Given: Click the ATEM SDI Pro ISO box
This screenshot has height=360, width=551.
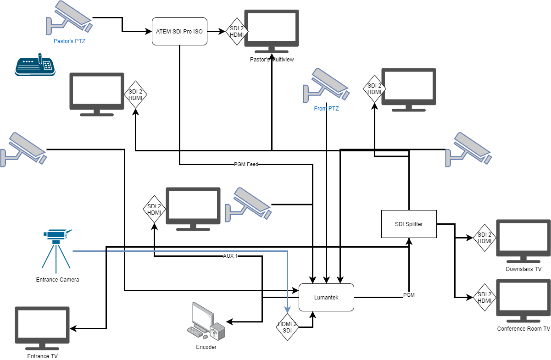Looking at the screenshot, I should tap(179, 32).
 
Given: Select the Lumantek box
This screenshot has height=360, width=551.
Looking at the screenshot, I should tap(326, 297).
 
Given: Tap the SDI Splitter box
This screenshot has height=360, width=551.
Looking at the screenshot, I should tap(408, 224).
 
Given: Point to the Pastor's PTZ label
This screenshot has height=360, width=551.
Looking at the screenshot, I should tap(69, 41).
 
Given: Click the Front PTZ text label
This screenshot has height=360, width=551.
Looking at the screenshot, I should tap(326, 109).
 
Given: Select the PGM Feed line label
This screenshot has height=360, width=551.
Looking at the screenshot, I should tap(246, 164).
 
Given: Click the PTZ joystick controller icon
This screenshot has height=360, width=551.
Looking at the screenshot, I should tap(35, 65).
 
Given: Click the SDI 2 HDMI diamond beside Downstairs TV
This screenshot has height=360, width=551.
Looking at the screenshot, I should tap(484, 238).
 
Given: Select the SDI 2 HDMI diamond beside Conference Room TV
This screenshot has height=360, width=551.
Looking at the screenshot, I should tap(484, 297).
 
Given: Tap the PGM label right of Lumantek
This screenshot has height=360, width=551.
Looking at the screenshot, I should tap(409, 295).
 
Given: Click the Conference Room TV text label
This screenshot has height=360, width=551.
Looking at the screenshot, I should tap(523, 329).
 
